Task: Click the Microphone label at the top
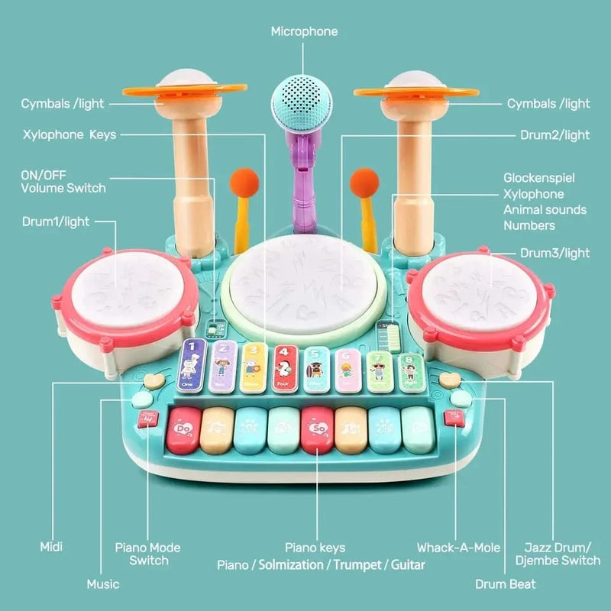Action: [x=304, y=31]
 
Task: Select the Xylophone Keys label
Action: [x=69, y=134]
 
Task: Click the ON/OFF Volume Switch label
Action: [x=63, y=181]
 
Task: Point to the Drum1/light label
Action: [x=55, y=221]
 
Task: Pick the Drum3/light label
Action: [x=555, y=253]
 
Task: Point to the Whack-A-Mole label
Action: [x=458, y=548]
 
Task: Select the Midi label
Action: [x=51, y=548]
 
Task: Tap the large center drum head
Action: [x=304, y=282]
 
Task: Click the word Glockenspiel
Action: [x=539, y=177]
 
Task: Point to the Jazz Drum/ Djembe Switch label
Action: [x=563, y=554]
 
